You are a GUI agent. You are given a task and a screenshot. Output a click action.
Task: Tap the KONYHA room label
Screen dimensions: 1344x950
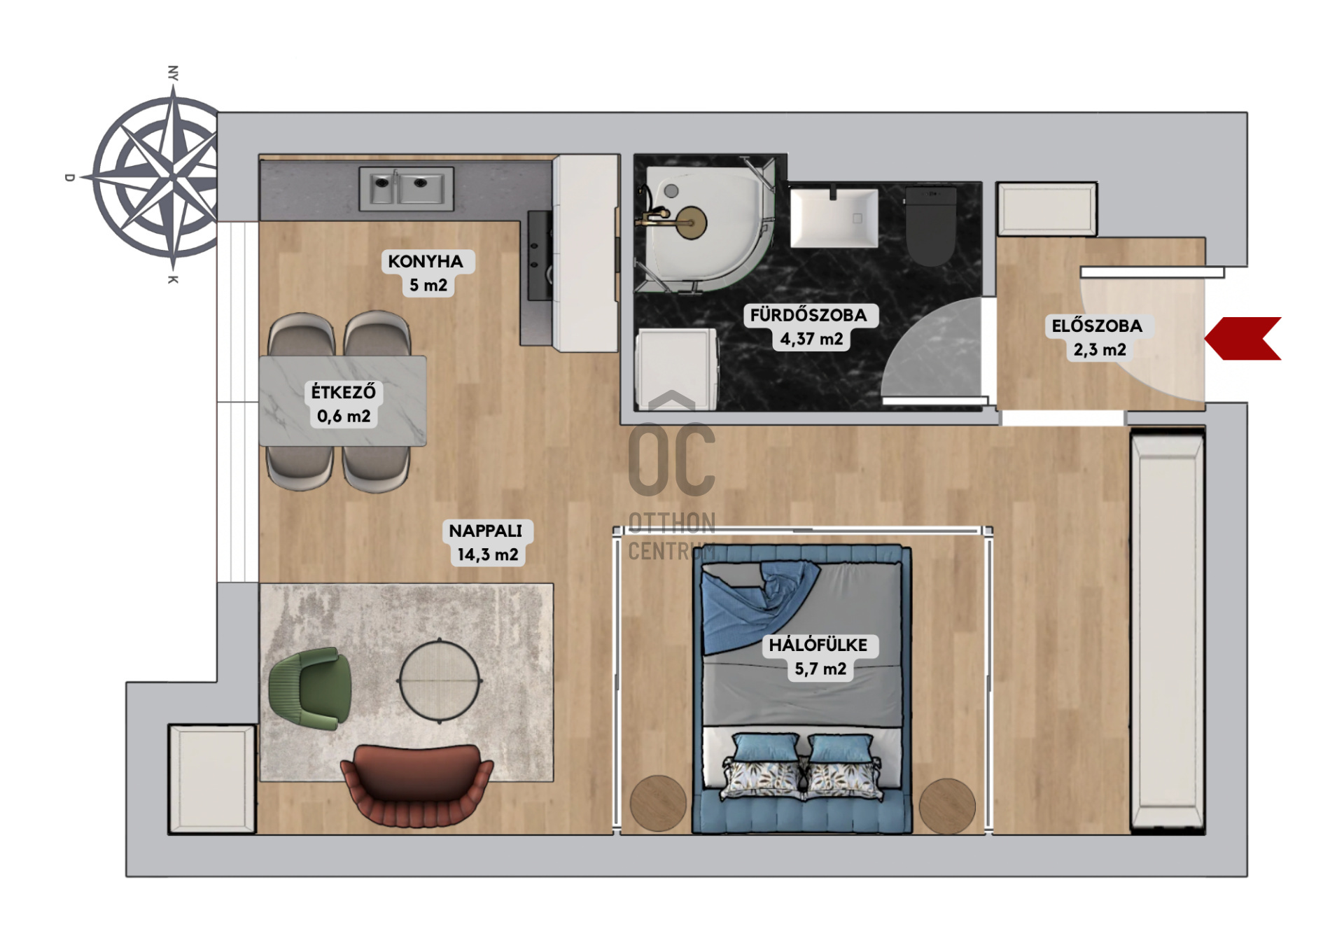[426, 262]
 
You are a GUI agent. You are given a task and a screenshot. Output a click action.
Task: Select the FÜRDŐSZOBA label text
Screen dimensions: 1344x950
[808, 315]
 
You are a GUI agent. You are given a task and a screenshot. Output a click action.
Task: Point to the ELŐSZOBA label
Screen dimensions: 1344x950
[1097, 326]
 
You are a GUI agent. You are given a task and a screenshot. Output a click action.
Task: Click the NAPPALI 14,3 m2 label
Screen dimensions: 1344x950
[486, 543]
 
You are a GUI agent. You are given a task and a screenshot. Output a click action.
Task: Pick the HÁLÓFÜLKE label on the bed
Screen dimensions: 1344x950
[818, 645]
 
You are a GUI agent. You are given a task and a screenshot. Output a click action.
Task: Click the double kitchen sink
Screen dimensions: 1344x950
[406, 188]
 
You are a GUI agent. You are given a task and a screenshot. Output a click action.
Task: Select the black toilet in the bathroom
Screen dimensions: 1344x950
[930, 225]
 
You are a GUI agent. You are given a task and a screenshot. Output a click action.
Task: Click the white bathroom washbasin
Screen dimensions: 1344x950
[834, 217]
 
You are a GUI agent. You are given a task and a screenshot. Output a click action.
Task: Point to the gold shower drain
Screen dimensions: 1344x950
[692, 223]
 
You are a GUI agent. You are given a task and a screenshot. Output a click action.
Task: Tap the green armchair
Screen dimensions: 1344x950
[311, 689]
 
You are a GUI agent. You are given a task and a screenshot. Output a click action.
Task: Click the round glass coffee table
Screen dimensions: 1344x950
[440, 680]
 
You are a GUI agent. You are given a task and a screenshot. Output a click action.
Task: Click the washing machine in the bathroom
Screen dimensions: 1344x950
[677, 369]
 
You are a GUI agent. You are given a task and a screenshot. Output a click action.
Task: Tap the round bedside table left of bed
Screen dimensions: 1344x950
[658, 804]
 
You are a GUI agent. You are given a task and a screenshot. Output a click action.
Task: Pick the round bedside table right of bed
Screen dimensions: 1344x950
[947, 806]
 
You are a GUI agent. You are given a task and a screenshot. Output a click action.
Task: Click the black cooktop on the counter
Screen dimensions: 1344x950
[540, 256]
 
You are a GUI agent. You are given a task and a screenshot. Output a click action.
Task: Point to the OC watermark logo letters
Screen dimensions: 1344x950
[672, 459]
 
